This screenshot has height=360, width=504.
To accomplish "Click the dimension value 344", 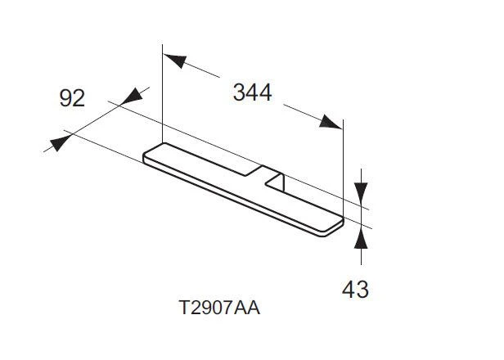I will point(252,92).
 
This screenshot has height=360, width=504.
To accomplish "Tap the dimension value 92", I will point(72,98).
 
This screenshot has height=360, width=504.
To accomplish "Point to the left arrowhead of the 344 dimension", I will point(173,61).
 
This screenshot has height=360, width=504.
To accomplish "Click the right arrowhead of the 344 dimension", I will point(331,123).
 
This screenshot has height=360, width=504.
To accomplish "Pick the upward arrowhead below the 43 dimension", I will point(362,237).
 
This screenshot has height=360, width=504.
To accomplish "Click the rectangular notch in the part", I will point(273,179).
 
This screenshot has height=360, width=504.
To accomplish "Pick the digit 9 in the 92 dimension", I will point(65,98).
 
